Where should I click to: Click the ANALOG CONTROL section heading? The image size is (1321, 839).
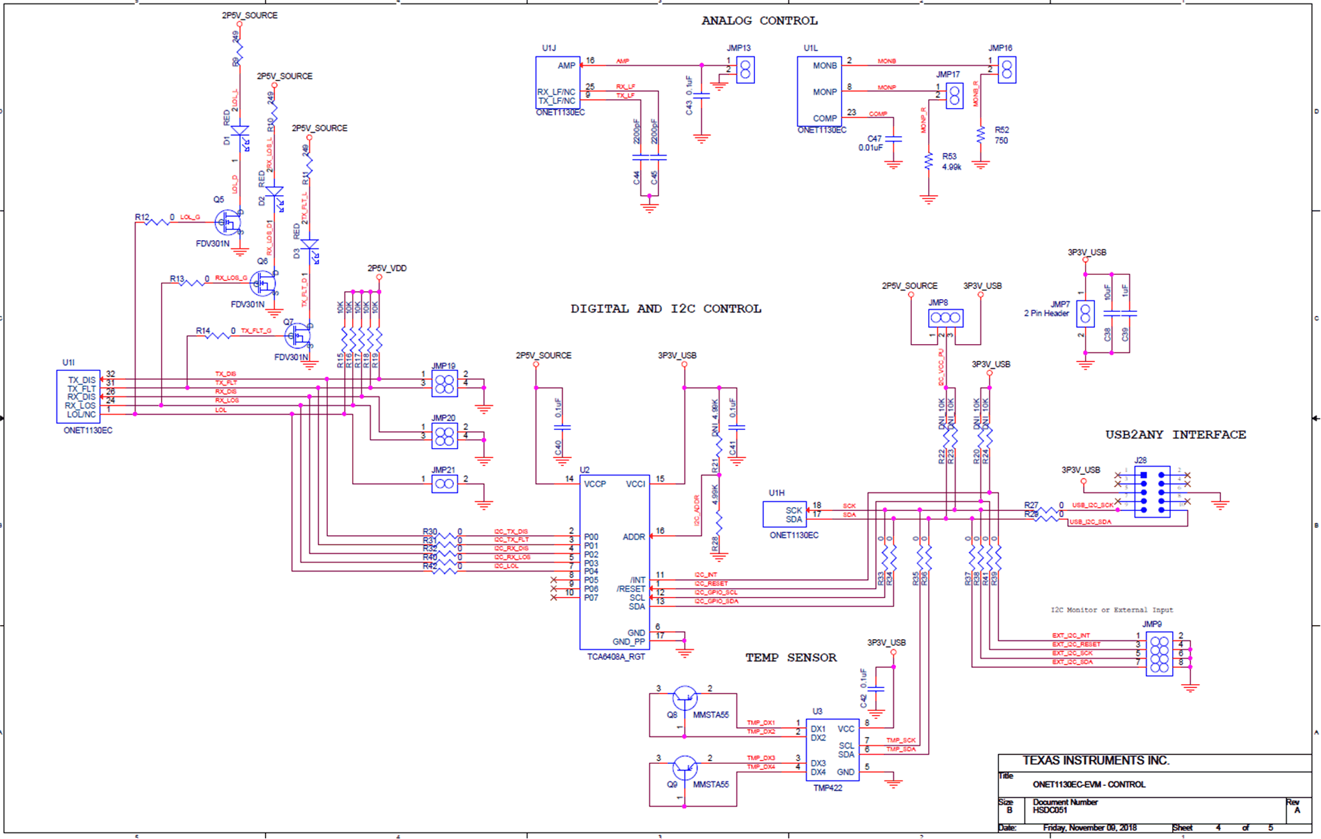[x=759, y=21]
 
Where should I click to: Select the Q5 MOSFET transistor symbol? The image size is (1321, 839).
[x=228, y=221]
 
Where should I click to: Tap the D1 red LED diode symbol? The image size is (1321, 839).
[x=239, y=132]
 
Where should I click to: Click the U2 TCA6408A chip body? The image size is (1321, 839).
[x=614, y=562]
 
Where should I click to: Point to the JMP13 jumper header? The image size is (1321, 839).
[x=745, y=70]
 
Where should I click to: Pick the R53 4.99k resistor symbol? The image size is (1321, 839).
[x=928, y=162]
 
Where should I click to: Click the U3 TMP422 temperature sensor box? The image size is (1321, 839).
[x=832, y=750]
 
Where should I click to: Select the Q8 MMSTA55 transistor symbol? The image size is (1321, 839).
[x=684, y=698]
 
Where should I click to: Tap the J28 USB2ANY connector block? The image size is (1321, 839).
[x=1152, y=492]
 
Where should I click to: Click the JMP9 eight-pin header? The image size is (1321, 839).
[x=1159, y=654]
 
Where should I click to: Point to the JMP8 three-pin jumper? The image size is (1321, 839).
[x=945, y=318]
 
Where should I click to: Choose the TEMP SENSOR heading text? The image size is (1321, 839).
[x=791, y=658]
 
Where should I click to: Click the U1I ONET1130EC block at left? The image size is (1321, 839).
[x=78, y=396]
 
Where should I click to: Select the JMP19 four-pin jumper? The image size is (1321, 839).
[x=444, y=384]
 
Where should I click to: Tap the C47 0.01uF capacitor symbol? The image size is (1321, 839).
[x=893, y=139]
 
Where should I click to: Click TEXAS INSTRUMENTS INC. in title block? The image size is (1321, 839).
[x=1096, y=761]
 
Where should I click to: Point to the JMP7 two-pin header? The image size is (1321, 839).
[x=1085, y=314]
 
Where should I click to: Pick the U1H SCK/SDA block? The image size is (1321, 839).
[x=785, y=514]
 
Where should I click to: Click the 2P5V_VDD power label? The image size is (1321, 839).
[x=386, y=268]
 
